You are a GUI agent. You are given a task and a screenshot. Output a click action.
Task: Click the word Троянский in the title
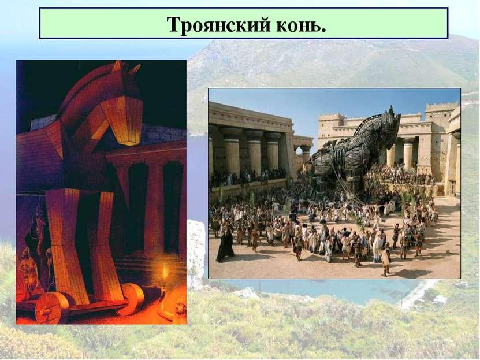click(218, 24)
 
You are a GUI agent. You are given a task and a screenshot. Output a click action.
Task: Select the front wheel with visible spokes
click(53, 307)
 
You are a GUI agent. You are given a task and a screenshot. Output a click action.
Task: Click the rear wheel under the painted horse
click(131, 299)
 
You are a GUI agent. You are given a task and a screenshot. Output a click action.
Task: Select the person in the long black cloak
click(225, 246)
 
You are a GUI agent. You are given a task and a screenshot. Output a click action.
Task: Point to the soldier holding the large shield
click(384, 259)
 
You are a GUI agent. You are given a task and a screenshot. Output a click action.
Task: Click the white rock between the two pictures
click(196, 254)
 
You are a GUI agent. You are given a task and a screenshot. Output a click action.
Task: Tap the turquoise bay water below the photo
click(321, 290)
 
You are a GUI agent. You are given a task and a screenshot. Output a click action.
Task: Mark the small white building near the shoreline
click(440, 300)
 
